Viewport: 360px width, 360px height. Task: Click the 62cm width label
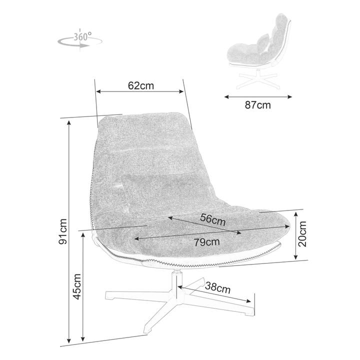click(140, 85)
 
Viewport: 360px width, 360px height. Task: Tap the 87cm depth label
click(257, 105)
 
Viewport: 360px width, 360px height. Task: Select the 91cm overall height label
click(62, 231)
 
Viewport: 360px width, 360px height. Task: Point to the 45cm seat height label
click(77, 286)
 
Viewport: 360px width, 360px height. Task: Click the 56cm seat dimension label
click(212, 219)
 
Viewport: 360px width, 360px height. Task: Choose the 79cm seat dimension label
click(206, 242)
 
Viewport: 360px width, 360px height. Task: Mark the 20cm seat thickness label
click(302, 234)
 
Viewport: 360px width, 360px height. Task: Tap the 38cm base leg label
click(217, 288)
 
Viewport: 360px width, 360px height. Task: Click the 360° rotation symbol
click(79, 40)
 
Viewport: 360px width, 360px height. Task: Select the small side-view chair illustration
click(259, 51)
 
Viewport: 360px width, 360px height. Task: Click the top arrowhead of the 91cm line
click(69, 123)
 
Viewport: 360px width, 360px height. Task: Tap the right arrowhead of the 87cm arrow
click(289, 97)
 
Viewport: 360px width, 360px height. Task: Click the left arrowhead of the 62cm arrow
click(99, 91)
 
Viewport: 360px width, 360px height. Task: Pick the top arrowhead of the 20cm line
click(295, 214)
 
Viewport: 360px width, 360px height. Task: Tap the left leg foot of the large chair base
click(109, 295)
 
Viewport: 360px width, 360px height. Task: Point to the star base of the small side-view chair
click(258, 79)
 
